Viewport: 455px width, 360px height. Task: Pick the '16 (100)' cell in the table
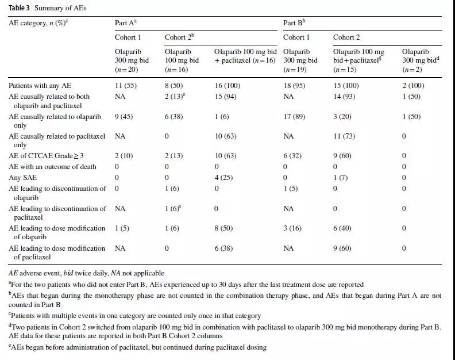[227, 86]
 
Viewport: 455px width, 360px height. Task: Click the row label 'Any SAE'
[22, 178]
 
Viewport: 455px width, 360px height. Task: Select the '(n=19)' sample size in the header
[295, 70]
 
